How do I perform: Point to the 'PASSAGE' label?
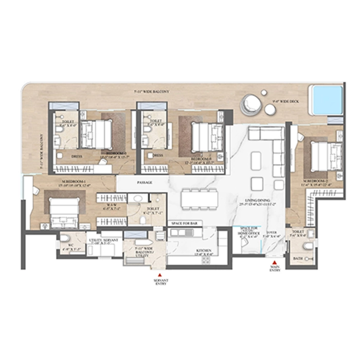click(144, 183)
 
